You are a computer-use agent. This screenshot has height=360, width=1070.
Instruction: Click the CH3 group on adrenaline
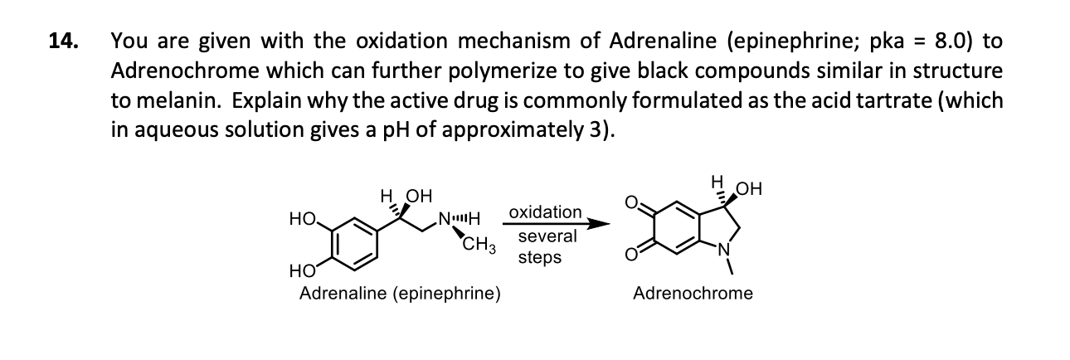pos(479,245)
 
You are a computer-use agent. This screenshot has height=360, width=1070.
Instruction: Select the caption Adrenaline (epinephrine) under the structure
pos(399,293)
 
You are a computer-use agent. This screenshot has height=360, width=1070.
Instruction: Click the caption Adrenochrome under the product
pos(693,293)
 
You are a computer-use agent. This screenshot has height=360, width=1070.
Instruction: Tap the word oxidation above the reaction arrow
pos(545,212)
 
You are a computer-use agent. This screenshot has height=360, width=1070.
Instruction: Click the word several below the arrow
pos(547,236)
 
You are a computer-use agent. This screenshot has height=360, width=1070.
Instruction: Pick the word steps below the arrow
pos(539,257)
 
